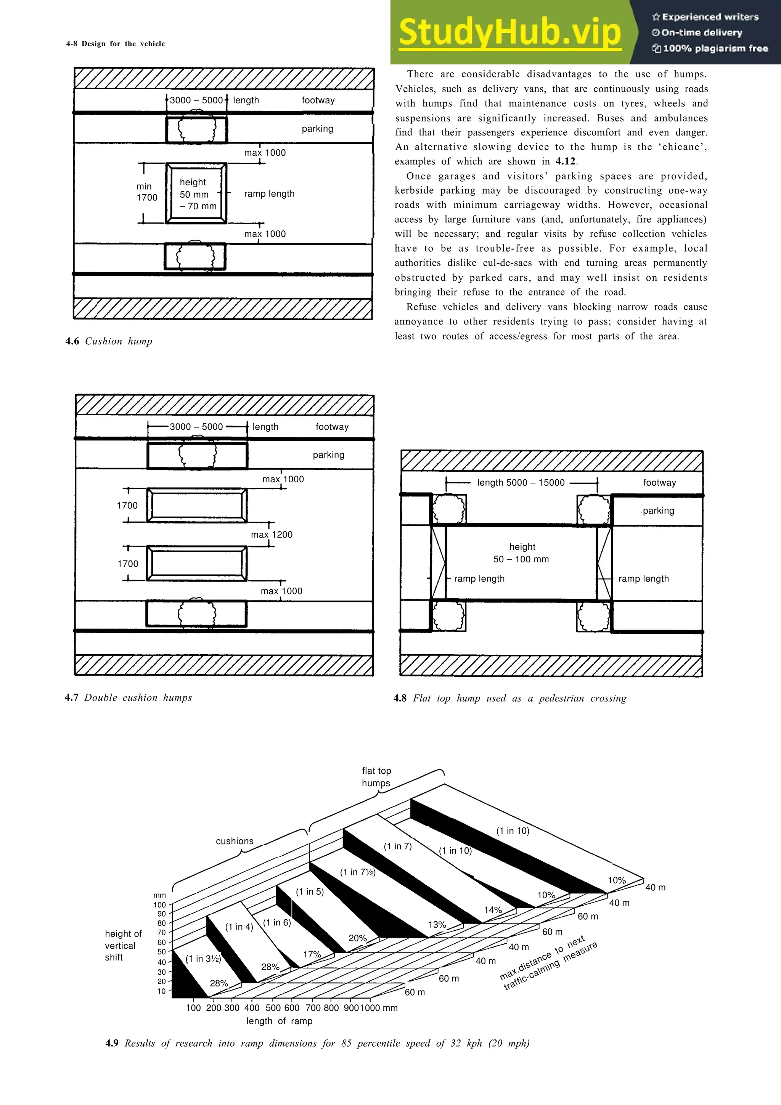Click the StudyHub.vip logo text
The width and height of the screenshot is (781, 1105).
510,33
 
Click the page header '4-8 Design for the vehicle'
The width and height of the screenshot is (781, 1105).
116,44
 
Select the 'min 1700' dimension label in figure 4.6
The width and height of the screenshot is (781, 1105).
146,191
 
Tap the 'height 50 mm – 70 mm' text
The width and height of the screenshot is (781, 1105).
197,194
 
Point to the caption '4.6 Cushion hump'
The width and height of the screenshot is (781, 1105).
109,341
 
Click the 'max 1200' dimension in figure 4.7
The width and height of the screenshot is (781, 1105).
272,534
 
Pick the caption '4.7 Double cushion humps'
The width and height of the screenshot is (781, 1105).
128,697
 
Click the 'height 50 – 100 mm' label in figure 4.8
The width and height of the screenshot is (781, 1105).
522,553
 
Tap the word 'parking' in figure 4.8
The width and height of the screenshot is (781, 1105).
658,511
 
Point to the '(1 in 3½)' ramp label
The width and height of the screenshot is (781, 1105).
204,958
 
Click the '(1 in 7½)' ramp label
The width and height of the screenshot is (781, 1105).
358,872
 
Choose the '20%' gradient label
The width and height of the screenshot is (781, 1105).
358,938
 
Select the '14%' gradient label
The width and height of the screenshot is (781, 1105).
493,910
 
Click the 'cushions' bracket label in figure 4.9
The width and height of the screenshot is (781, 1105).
235,841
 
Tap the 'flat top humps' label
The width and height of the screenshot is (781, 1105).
376,777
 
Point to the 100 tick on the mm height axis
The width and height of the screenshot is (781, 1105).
160,905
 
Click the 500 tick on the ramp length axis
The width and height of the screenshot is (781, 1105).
273,1008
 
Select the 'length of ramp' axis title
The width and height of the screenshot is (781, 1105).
279,1021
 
